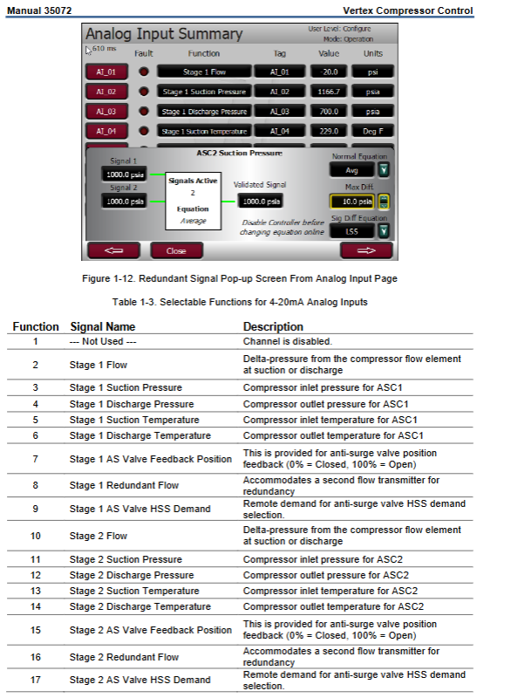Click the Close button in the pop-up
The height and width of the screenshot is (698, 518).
(176, 250)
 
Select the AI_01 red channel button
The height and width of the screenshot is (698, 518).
(106, 72)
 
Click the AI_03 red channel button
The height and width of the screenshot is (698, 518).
(106, 112)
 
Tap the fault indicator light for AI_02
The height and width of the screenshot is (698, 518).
(143, 92)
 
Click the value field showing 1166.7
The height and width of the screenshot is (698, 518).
(329, 92)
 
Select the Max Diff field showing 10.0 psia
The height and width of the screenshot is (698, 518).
(352, 202)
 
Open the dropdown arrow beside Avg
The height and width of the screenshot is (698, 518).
(383, 169)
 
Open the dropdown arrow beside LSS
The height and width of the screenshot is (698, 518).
(383, 231)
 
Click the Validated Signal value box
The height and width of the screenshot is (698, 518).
(261, 202)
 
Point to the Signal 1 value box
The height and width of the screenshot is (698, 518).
(125, 174)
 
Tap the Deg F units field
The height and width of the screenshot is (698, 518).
(372, 131)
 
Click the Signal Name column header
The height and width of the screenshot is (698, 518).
(103, 326)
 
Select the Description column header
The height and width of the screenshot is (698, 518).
(273, 326)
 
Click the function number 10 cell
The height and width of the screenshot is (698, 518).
(36, 536)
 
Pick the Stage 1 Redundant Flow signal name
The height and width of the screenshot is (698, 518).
(124, 485)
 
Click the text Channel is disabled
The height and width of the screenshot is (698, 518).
(288, 341)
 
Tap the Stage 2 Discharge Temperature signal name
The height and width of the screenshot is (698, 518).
(140, 606)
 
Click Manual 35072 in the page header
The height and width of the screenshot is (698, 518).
(39, 10)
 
